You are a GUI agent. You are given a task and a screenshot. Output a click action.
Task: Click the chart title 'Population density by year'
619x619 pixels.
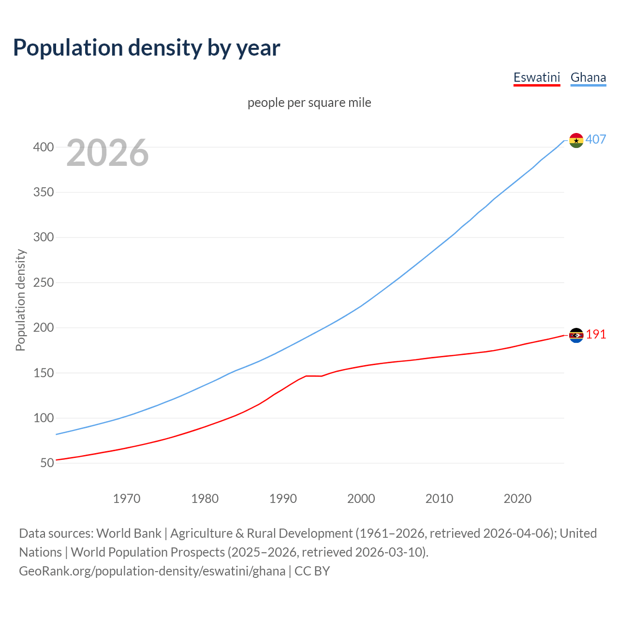point(147,48)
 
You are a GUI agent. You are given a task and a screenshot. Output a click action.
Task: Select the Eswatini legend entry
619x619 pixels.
point(536,77)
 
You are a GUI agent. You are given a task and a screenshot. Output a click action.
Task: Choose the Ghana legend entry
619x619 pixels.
point(588,77)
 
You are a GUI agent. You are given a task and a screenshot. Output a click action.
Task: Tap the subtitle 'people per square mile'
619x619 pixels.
point(309,103)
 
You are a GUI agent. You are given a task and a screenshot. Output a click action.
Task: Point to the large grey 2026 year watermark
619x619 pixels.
point(107,153)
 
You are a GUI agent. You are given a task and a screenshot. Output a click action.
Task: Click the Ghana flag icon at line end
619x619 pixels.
point(576,140)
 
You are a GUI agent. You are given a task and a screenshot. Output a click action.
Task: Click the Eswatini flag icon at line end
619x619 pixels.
point(576,335)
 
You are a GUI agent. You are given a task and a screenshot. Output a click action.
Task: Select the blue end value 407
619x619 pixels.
point(596,140)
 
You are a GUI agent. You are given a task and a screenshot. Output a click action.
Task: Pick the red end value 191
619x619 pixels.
point(596,335)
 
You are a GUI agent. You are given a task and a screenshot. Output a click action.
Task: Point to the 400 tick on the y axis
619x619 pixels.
point(44,147)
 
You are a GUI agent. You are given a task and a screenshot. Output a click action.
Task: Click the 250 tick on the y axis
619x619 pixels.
point(44,282)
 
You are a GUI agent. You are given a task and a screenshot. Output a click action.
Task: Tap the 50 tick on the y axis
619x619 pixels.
point(47,463)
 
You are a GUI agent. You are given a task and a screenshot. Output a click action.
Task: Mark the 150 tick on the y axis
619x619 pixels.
point(44,373)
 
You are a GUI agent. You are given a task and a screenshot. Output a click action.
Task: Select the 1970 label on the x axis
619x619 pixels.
point(127,499)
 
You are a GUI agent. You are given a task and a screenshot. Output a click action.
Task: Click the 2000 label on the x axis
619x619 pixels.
point(361,499)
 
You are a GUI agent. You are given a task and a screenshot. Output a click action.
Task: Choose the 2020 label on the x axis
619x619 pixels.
point(517,499)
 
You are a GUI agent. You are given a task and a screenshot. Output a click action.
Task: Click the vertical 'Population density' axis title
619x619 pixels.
point(20,300)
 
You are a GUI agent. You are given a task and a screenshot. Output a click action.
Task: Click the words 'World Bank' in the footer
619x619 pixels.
point(129,533)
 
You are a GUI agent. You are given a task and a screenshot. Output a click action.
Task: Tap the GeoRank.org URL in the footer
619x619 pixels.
point(152,571)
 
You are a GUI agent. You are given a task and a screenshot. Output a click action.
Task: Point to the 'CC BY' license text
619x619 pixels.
point(312,571)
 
